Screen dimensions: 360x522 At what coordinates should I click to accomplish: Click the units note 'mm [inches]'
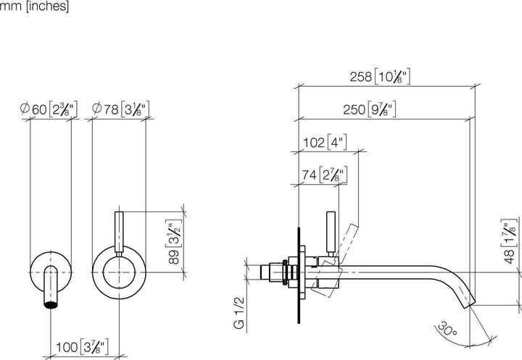click(x=34, y=7)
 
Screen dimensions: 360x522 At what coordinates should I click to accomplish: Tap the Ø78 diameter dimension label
click(x=120, y=110)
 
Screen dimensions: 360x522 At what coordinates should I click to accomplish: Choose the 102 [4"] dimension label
click(x=323, y=143)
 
